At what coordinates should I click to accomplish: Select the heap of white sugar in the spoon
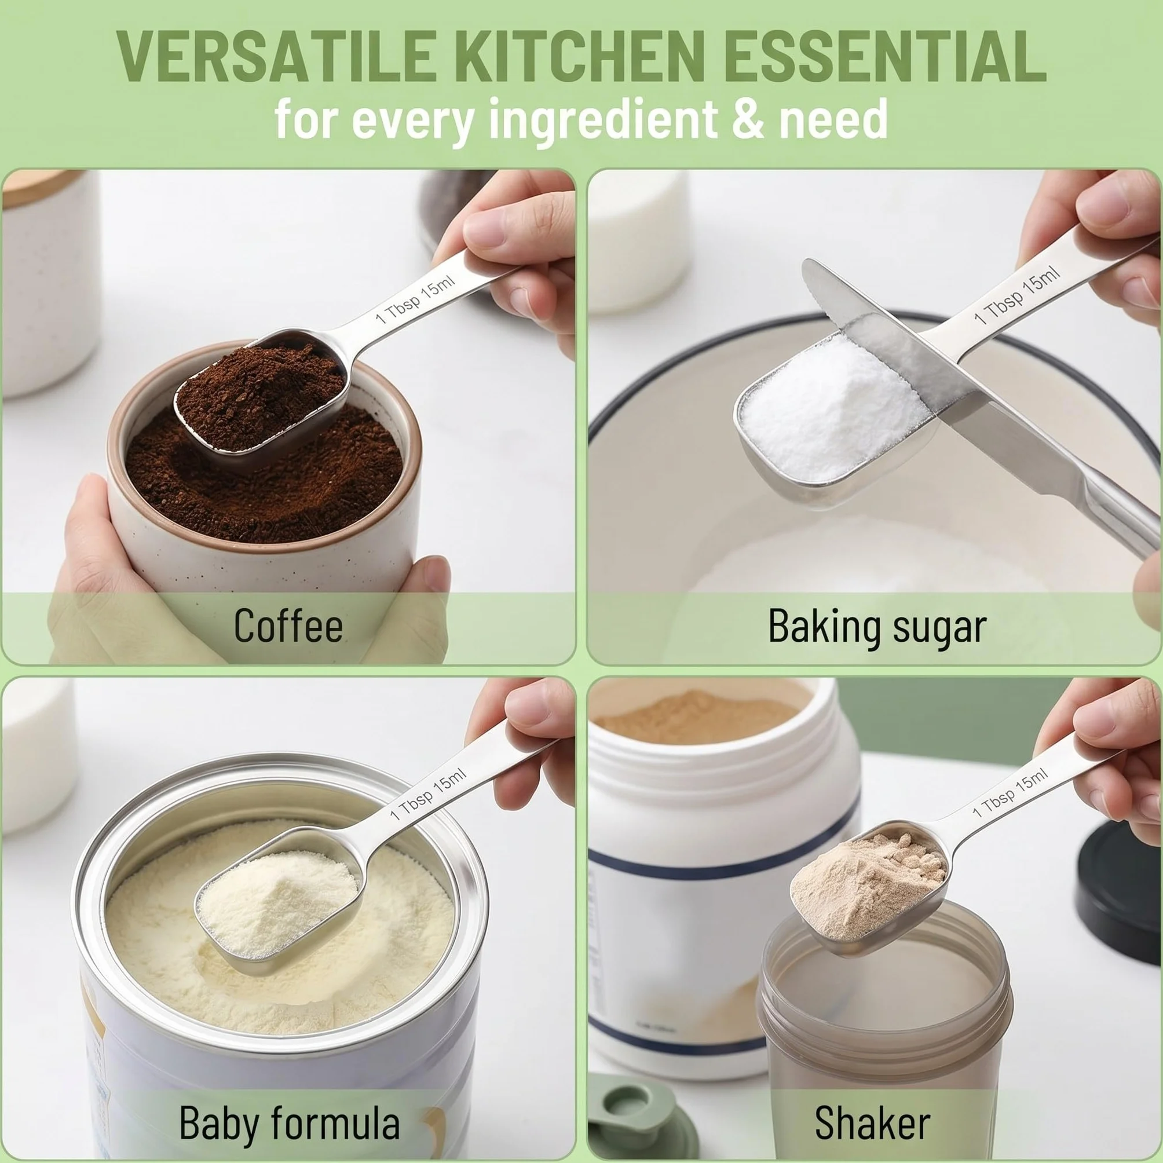pyautogui.click(x=831, y=406)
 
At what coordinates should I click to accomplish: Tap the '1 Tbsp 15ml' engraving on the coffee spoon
pyautogui.click(x=415, y=299)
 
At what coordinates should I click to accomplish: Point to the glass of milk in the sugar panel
pyautogui.click(x=638, y=241)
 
